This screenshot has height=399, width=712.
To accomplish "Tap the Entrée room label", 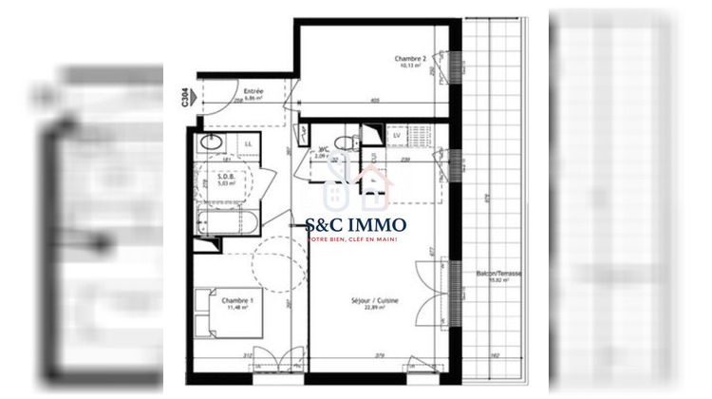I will (x=253, y=91).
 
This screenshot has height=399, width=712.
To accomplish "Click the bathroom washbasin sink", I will (x=212, y=143).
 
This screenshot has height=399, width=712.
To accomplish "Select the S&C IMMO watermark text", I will (x=356, y=225).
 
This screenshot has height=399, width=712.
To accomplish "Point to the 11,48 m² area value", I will (x=234, y=307).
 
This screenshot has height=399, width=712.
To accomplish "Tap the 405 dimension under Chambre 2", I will (x=374, y=101).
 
